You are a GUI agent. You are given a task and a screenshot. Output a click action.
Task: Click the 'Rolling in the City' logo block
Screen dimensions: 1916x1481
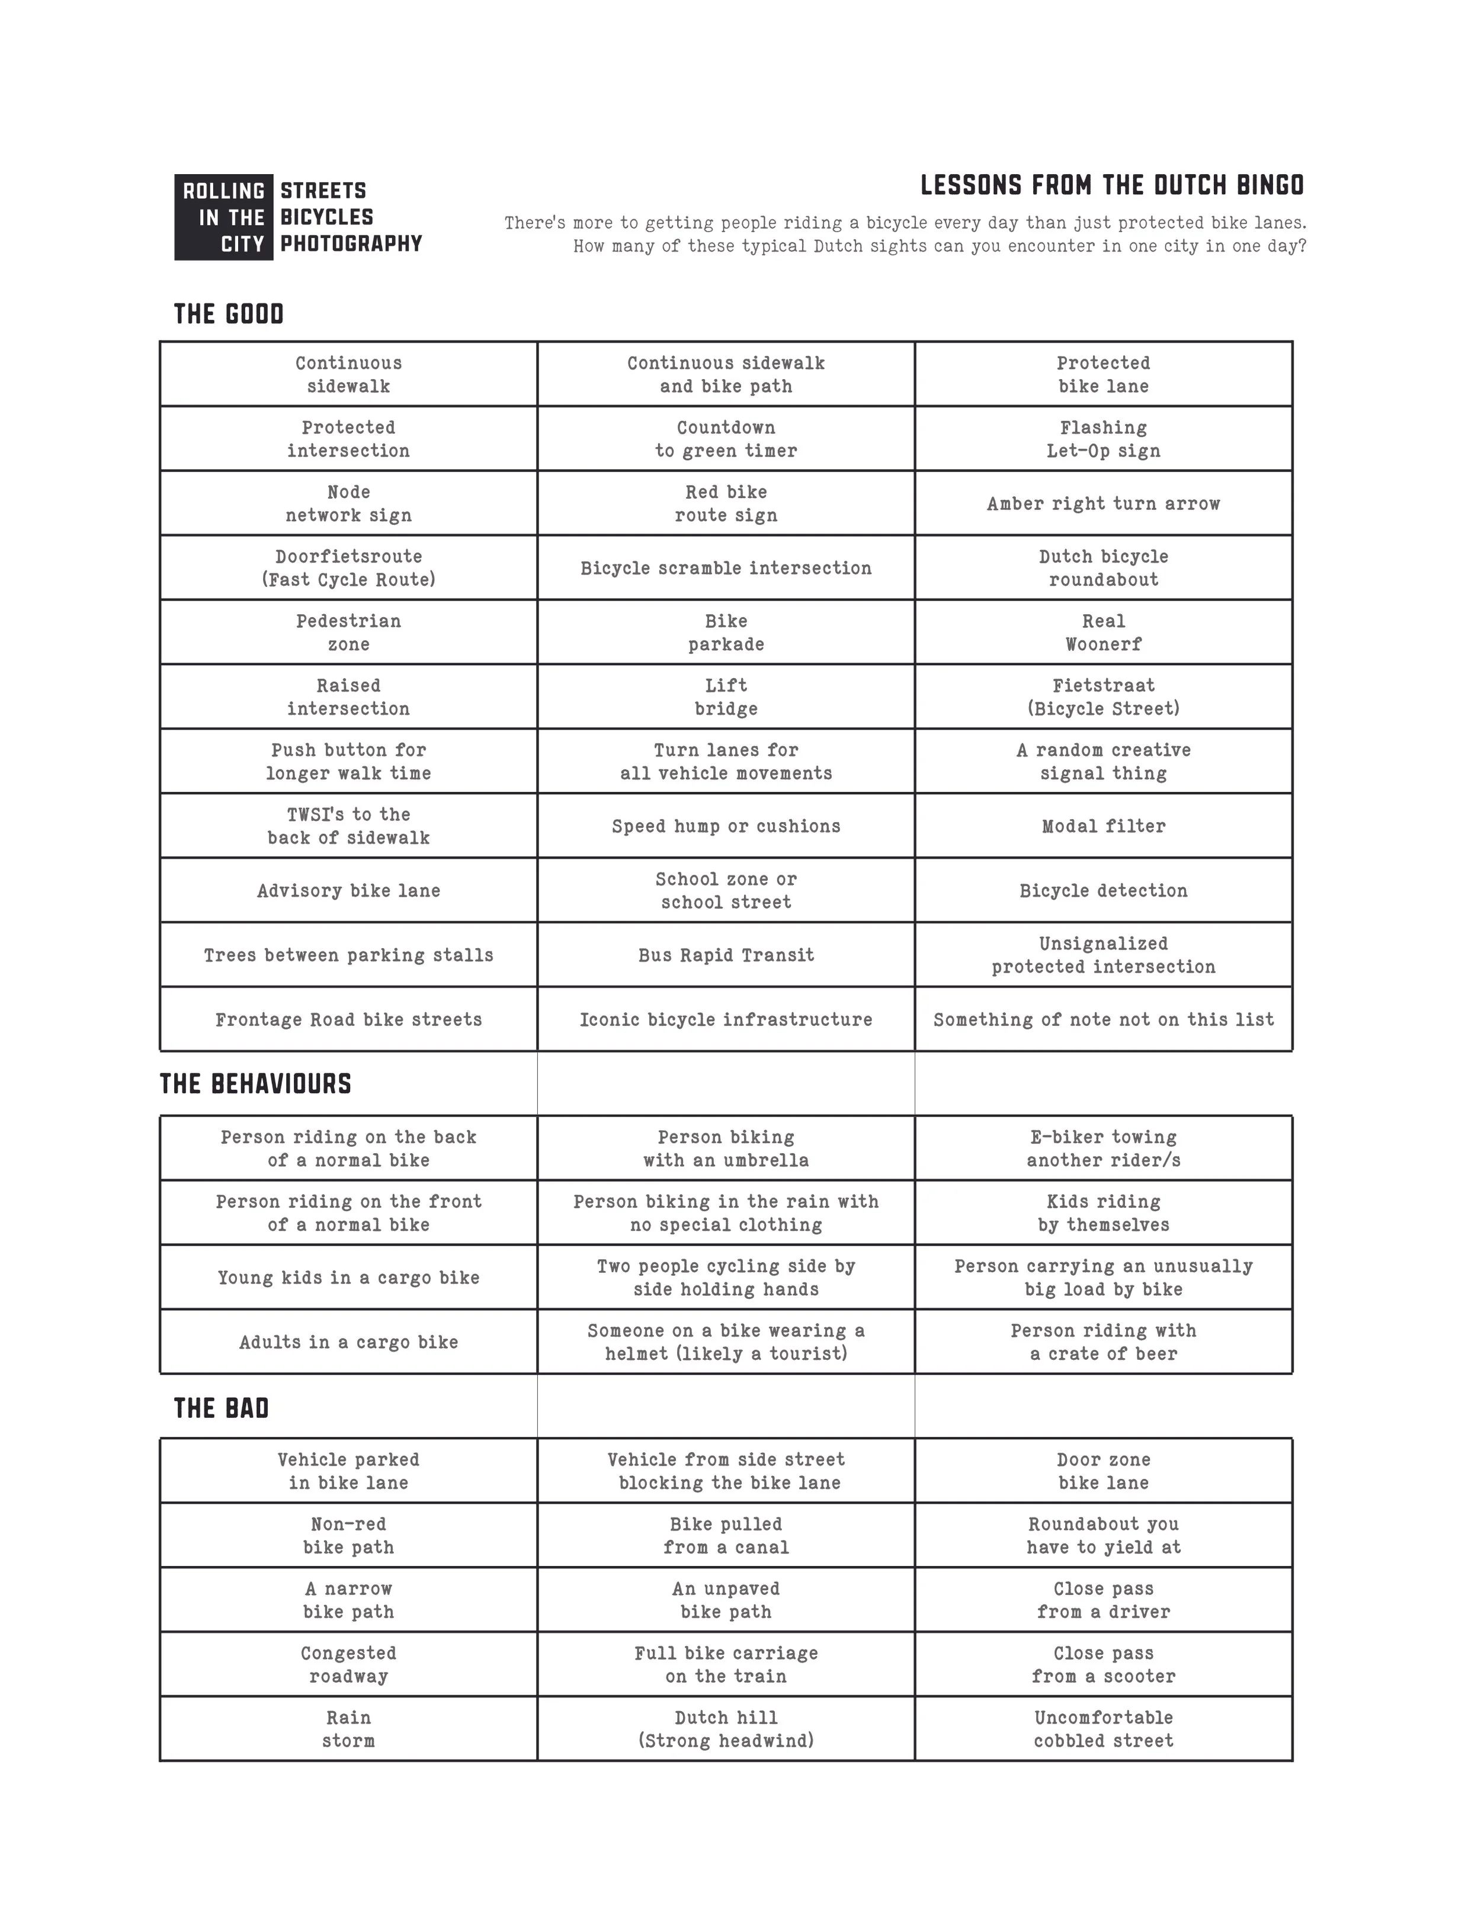[x=224, y=217]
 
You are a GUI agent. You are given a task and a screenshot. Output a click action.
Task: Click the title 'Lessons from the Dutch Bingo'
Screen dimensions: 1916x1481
[x=1111, y=185]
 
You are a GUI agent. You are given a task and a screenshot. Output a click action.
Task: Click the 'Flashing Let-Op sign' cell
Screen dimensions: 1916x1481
[x=1103, y=439]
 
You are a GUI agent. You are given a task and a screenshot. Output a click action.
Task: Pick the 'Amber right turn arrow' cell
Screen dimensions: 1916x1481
[x=1103, y=503]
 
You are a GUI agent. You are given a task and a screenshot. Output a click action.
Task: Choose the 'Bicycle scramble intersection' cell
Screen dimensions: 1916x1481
[x=726, y=567]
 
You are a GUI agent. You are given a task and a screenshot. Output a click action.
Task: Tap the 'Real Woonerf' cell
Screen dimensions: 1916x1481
[x=1103, y=633]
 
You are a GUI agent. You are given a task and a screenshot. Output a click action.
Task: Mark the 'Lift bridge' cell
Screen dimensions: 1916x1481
[x=726, y=697]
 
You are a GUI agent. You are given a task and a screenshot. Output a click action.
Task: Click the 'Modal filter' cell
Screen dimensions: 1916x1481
[x=1103, y=826]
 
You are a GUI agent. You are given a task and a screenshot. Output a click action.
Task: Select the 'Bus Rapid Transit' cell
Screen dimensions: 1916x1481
[x=726, y=955]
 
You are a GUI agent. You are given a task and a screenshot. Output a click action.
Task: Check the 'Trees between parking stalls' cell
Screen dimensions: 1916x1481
[x=348, y=955]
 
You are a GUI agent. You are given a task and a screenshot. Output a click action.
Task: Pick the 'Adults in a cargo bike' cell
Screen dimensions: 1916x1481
[x=348, y=1341]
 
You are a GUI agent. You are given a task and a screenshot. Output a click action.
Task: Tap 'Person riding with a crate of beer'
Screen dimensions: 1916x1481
[x=1103, y=1341]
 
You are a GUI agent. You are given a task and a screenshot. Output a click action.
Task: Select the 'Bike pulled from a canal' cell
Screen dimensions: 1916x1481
[x=726, y=1535]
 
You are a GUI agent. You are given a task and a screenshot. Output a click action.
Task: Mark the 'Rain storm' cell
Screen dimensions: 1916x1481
[x=348, y=1728]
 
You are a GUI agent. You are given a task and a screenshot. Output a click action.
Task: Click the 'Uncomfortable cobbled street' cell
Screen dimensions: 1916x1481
[x=1103, y=1728]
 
